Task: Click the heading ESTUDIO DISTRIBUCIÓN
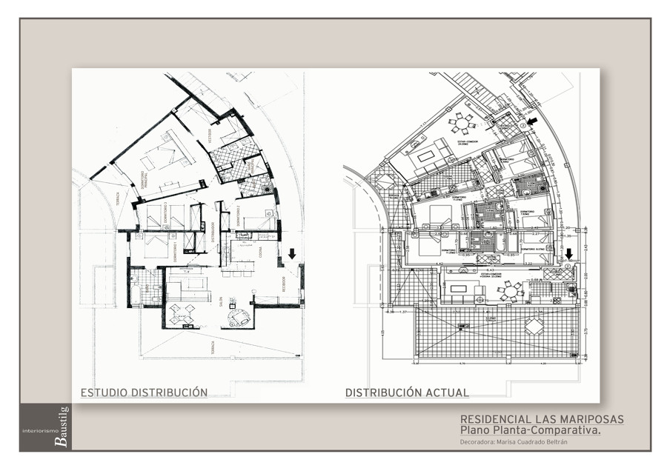coord(144,392)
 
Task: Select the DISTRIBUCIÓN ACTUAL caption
coord(407,392)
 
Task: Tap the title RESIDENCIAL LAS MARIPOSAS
coord(542,419)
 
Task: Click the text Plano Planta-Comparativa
coord(530,430)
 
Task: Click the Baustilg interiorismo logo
coord(44,427)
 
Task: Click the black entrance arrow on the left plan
coord(292,253)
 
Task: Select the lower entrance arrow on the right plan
coord(568,254)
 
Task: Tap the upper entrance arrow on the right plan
coord(532,121)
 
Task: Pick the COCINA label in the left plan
coord(260,252)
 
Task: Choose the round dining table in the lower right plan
coord(509,291)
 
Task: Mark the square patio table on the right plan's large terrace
coord(533,327)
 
